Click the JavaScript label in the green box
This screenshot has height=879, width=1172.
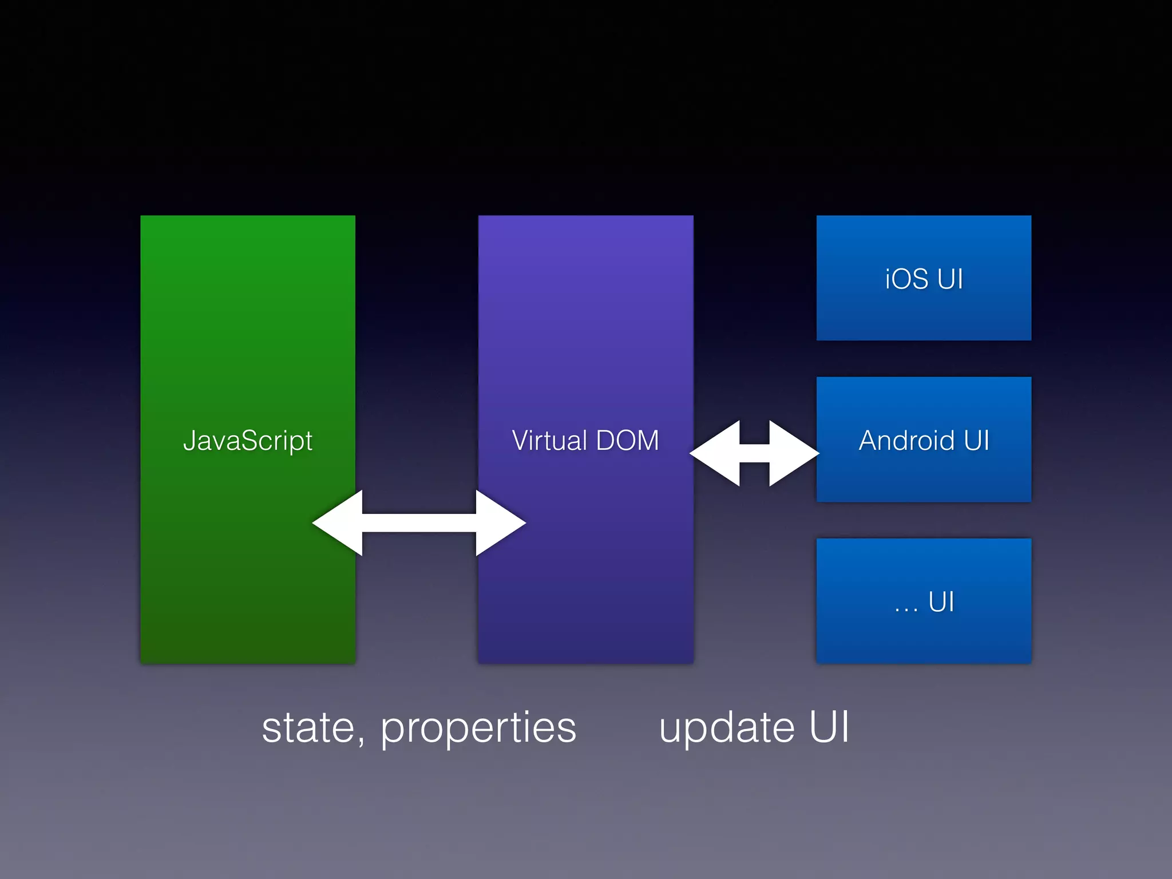pyautogui.click(x=247, y=441)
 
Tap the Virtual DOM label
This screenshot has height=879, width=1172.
pyautogui.click(x=585, y=441)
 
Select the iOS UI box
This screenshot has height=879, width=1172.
pyautogui.click(x=924, y=278)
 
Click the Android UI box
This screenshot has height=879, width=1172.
pyautogui.click(x=924, y=439)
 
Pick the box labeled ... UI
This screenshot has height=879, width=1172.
pyautogui.click(x=924, y=601)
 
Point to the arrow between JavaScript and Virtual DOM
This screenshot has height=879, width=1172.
pyautogui.click(x=419, y=522)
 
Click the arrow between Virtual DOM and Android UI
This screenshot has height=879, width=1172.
pyautogui.click(x=754, y=453)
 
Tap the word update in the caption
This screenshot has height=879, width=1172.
pyautogui.click(x=727, y=728)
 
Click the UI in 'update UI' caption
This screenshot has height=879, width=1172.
pyautogui.click(x=829, y=727)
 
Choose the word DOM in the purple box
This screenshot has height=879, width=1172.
pyautogui.click(x=627, y=441)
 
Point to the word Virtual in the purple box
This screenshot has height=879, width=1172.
pyautogui.click(x=549, y=441)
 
